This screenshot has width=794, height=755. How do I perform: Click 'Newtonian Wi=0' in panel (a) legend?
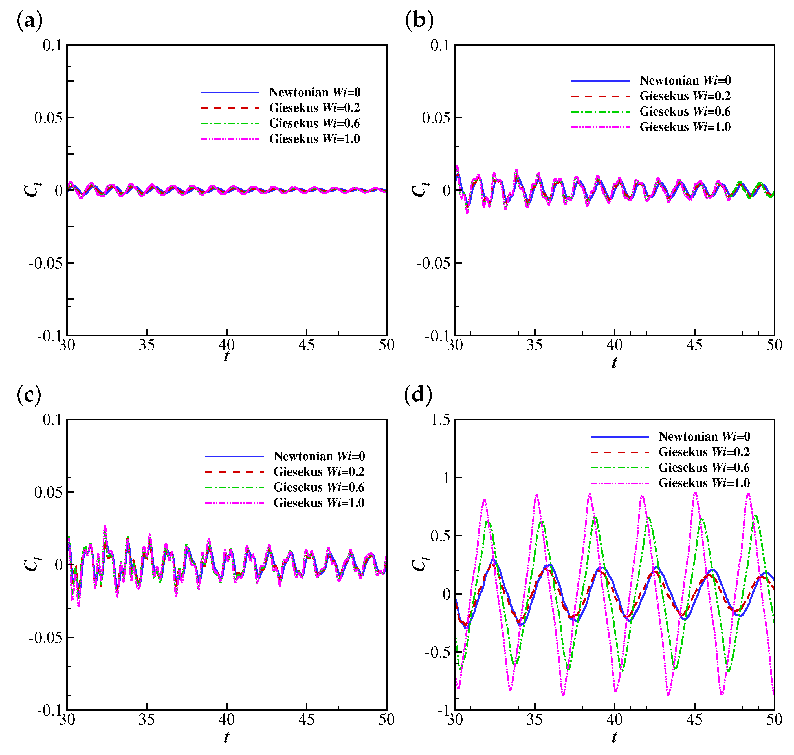(314, 92)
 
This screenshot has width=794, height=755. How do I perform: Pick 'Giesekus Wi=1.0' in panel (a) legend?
(314, 139)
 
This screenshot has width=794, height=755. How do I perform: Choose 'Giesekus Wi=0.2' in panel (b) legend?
(685, 96)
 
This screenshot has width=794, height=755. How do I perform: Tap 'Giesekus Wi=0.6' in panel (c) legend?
(319, 487)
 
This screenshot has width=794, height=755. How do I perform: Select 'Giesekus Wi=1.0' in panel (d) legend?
(704, 483)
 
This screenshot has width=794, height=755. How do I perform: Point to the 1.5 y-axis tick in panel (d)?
(440, 420)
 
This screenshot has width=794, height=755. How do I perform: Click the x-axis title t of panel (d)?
(614, 737)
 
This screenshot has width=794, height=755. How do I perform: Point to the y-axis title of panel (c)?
(32, 564)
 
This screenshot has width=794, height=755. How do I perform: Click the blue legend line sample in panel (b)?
(600, 81)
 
